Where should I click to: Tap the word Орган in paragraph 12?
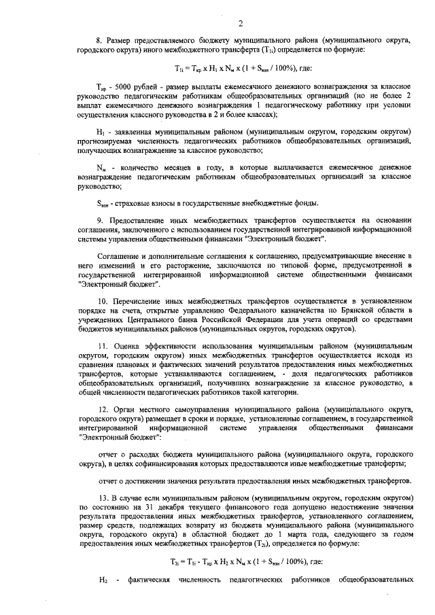pyautogui.click(x=126, y=410)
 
